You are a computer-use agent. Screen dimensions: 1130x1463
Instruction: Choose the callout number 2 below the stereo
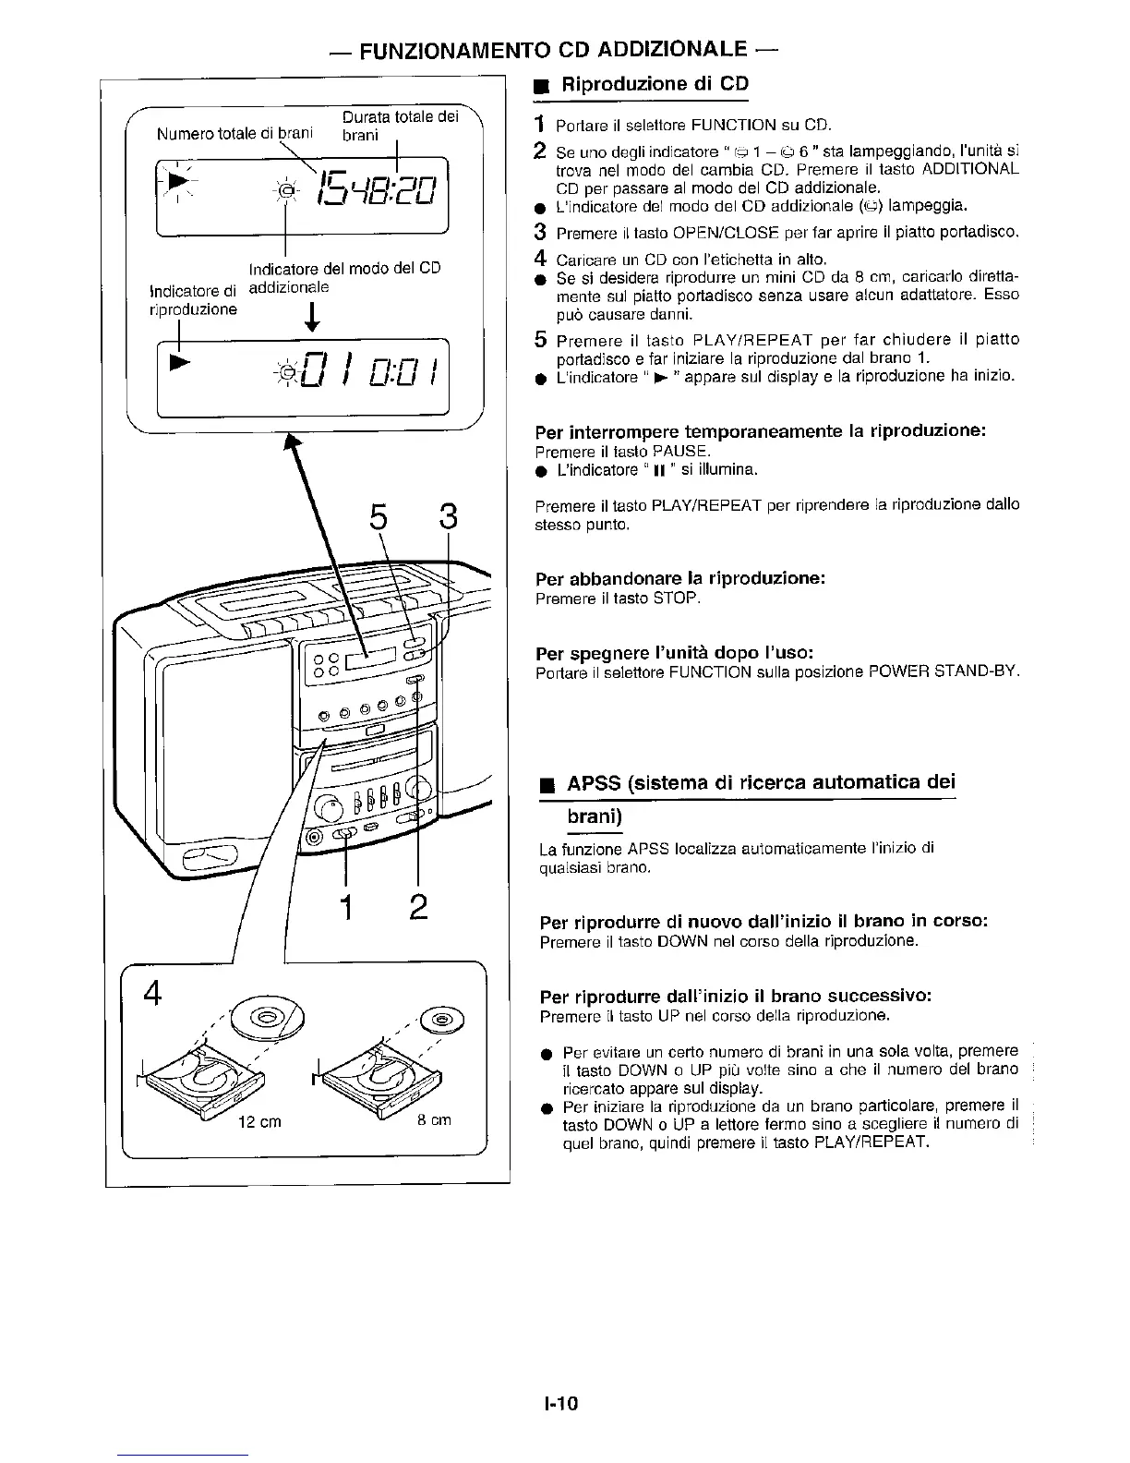pyautogui.click(x=418, y=908)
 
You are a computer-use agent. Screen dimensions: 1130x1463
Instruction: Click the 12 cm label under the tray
pyautogui.click(x=259, y=1123)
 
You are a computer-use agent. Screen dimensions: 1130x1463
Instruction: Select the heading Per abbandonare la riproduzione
pyautogui.click(x=679, y=579)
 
